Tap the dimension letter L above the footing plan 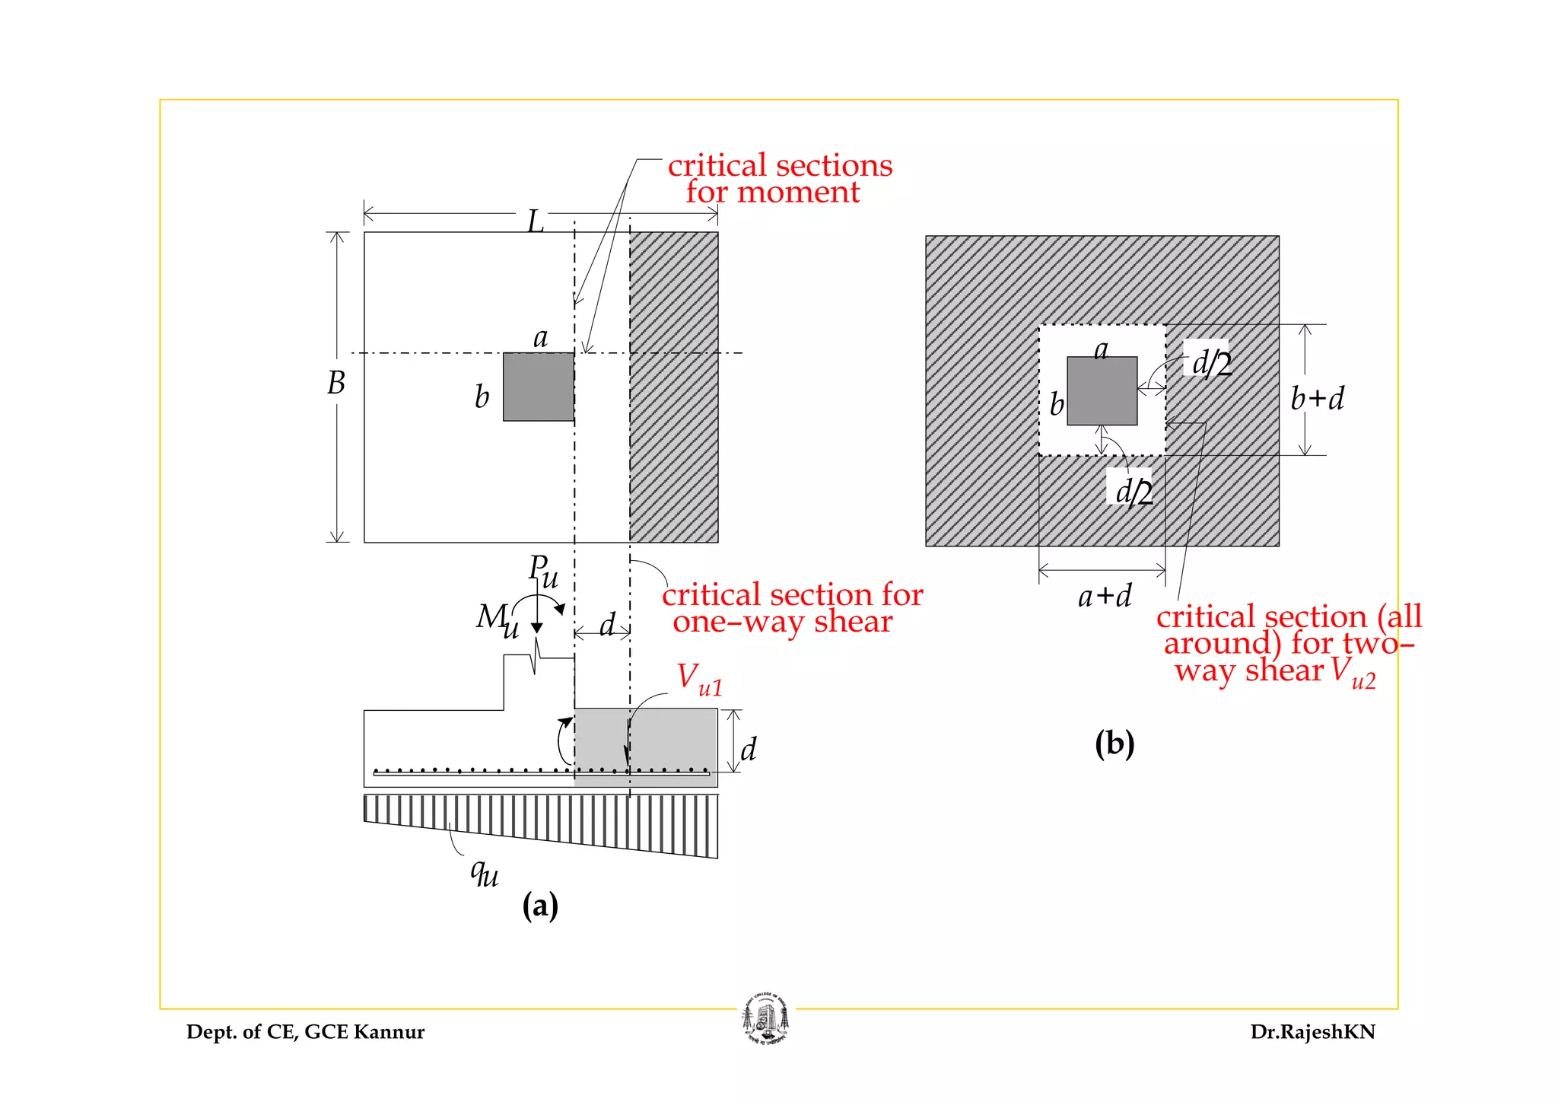click(x=536, y=221)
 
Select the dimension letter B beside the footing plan click(x=335, y=383)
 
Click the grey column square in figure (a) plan click(x=539, y=387)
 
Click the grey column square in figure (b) click(x=1102, y=391)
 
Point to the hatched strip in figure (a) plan click(x=674, y=387)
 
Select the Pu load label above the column click(x=542, y=572)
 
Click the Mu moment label click(x=497, y=620)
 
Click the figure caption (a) click(x=540, y=906)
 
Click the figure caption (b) click(x=1114, y=743)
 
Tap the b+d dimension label click(x=1317, y=399)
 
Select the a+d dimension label click(x=1105, y=596)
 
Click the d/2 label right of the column click(x=1210, y=363)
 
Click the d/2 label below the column click(x=1133, y=491)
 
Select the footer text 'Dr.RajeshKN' click(x=1312, y=1032)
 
